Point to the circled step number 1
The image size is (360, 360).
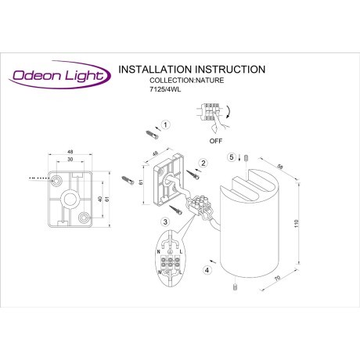[x=165, y=125]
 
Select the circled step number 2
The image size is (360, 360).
[x=203, y=163]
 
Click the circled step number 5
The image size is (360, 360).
[x=232, y=157]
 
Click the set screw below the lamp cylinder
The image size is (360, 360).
[x=234, y=289]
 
